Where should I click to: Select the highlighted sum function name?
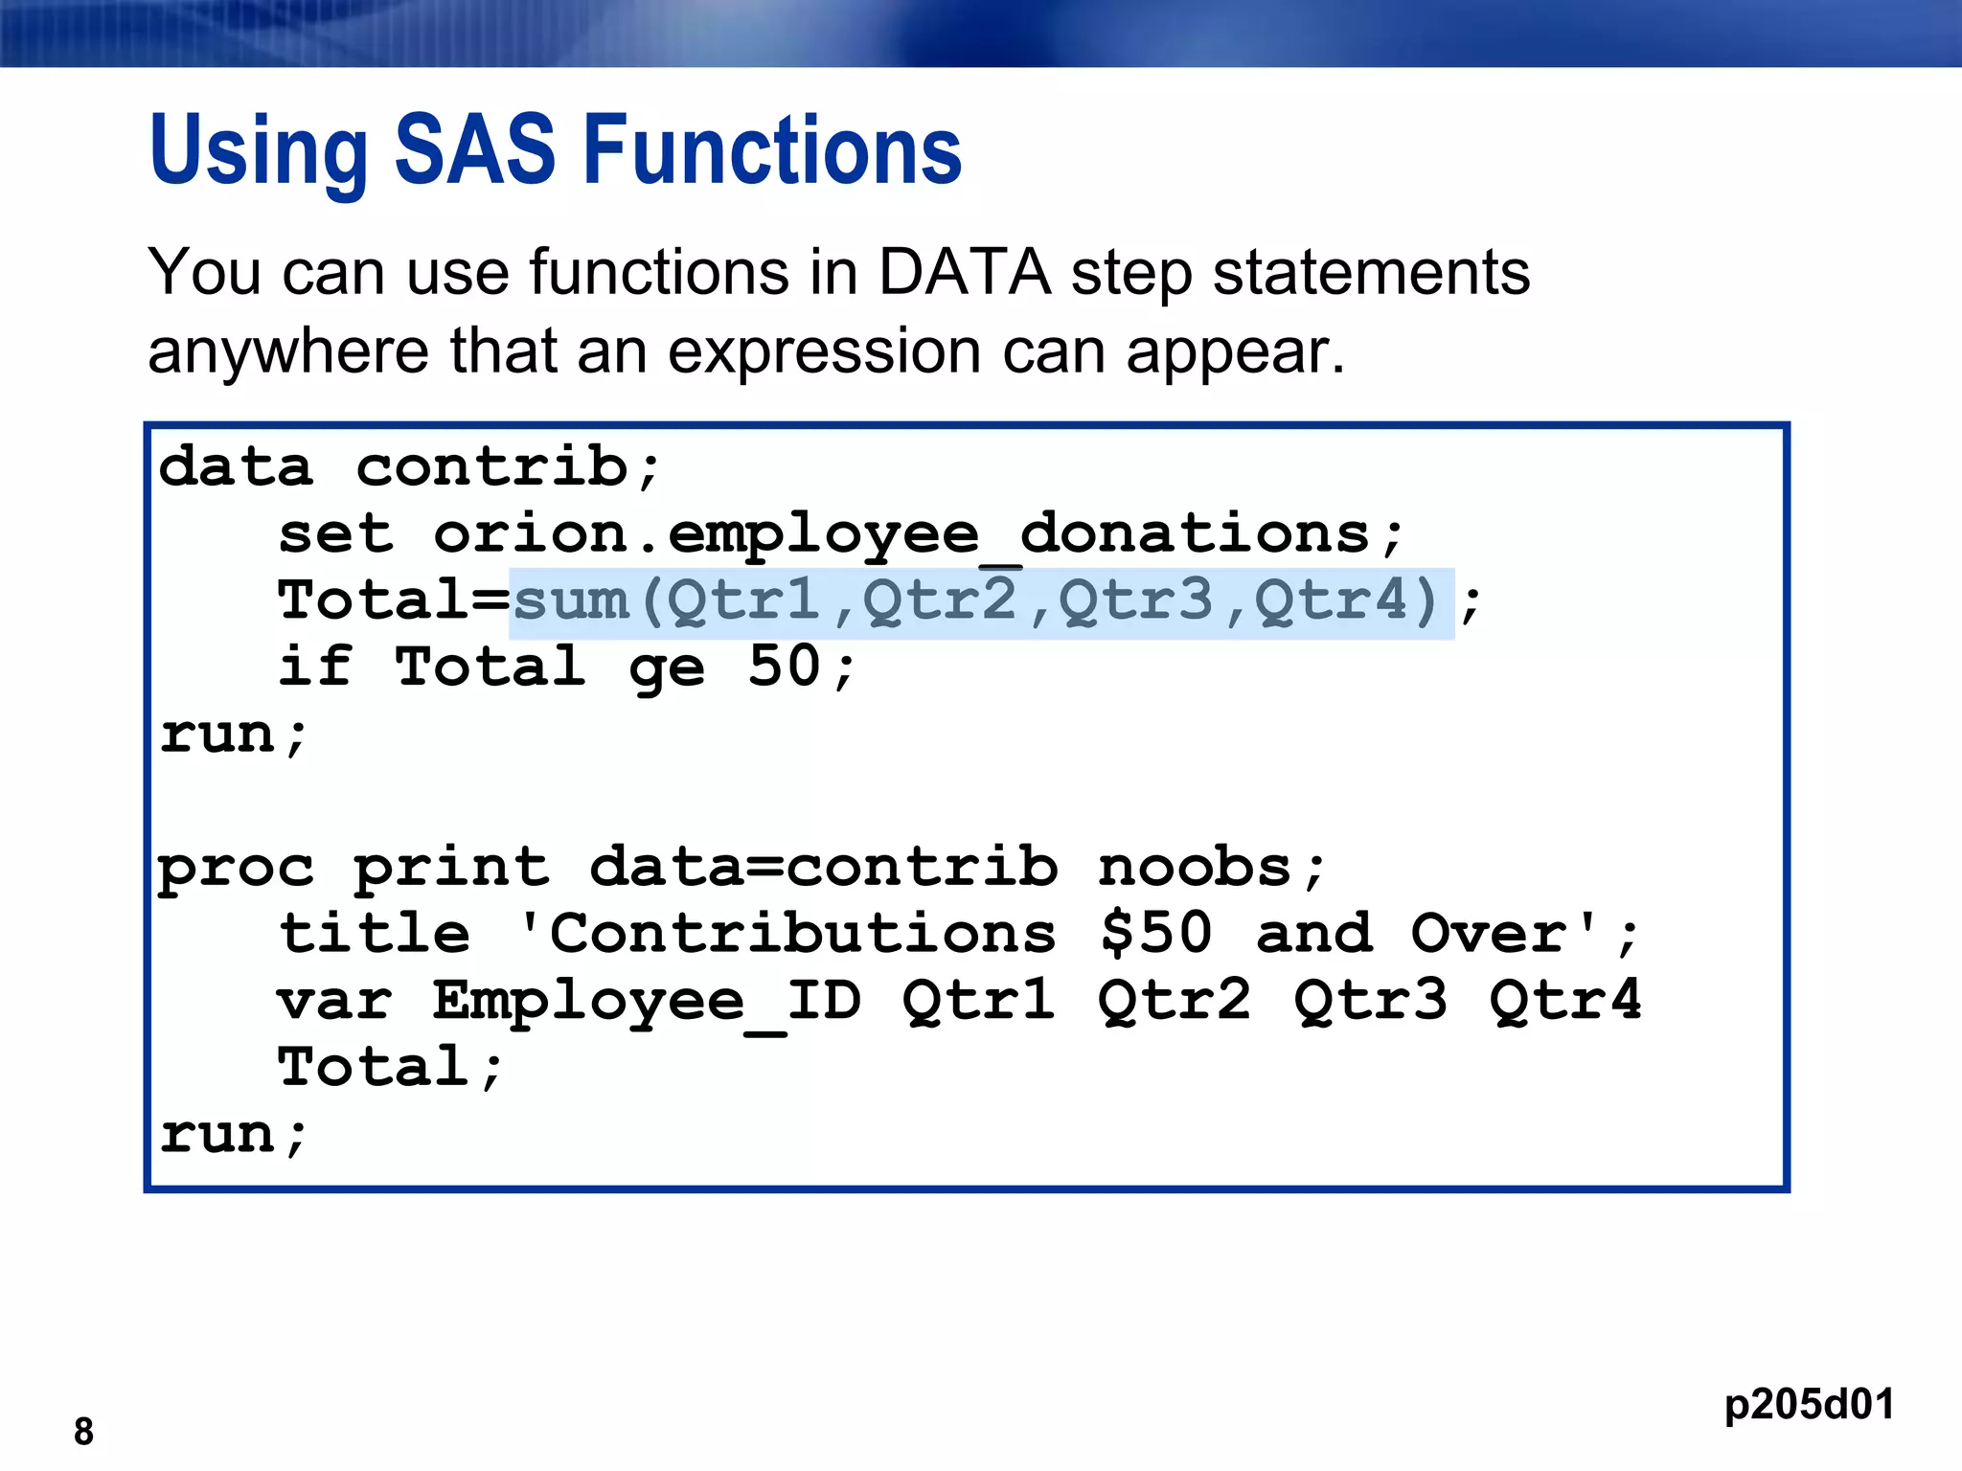(x=571, y=601)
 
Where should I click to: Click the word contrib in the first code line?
(x=491, y=467)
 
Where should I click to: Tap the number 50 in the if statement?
(x=784, y=667)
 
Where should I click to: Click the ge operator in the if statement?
(x=667, y=668)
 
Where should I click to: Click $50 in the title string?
(x=1156, y=934)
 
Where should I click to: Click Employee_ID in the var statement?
(x=647, y=1002)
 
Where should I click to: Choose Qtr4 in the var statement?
(x=1565, y=1001)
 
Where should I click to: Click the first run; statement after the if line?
(x=233, y=735)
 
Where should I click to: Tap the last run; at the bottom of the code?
(x=233, y=1136)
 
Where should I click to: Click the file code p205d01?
(x=1808, y=1404)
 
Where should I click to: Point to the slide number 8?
(x=83, y=1432)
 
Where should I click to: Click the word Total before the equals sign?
(x=374, y=601)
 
